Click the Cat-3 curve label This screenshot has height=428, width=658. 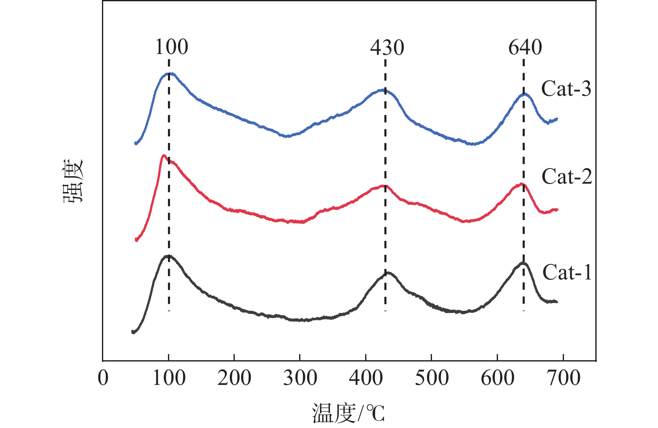click(566, 89)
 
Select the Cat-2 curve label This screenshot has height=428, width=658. click(567, 177)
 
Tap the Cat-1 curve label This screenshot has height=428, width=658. click(567, 272)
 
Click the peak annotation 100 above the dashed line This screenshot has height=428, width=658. click(172, 47)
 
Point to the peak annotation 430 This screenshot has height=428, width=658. click(387, 48)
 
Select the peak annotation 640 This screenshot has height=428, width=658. click(525, 47)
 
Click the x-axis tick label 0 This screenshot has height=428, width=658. click(103, 378)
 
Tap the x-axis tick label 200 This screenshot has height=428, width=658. click(234, 378)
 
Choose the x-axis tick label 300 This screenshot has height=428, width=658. click(300, 378)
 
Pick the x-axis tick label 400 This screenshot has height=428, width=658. click(366, 378)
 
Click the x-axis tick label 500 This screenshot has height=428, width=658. click(432, 378)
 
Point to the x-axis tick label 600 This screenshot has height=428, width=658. click(497, 378)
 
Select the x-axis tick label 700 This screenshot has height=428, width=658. click(563, 378)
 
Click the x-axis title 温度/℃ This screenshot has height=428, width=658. click(348, 413)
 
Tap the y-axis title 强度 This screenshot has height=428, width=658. click(74, 181)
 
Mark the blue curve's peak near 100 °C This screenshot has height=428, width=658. click(169, 74)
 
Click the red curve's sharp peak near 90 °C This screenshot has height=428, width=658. click(163, 156)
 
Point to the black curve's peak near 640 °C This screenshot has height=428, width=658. click(523, 263)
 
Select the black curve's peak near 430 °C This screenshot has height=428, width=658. click(388, 273)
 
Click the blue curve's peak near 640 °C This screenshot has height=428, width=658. click(525, 94)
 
